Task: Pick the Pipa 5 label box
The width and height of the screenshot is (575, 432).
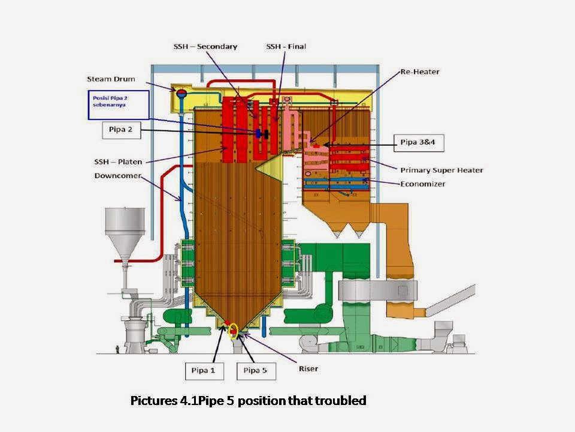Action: coord(255,370)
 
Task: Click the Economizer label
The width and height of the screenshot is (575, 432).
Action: coord(423,184)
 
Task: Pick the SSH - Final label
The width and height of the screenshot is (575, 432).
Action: coord(286,46)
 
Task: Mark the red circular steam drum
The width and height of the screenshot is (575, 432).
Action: coord(180,91)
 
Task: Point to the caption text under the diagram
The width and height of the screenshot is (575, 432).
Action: coord(248,401)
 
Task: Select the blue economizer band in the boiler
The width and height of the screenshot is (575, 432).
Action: coord(335,179)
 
